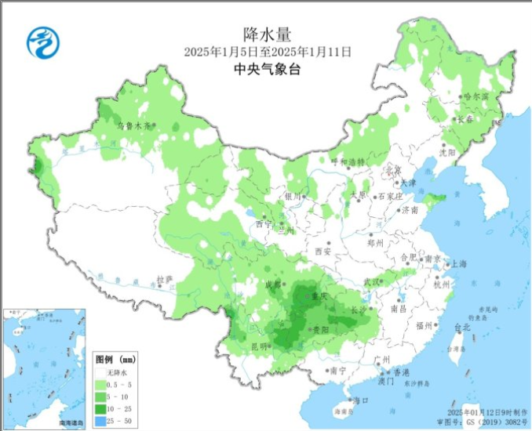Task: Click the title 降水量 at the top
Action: click(x=267, y=34)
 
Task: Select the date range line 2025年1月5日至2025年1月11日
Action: click(x=267, y=52)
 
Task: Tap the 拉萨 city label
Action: click(x=162, y=278)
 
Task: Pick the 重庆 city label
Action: click(x=319, y=297)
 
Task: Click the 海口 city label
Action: click(x=361, y=400)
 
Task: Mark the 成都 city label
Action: click(x=273, y=284)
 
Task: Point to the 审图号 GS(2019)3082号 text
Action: click(x=487, y=421)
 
